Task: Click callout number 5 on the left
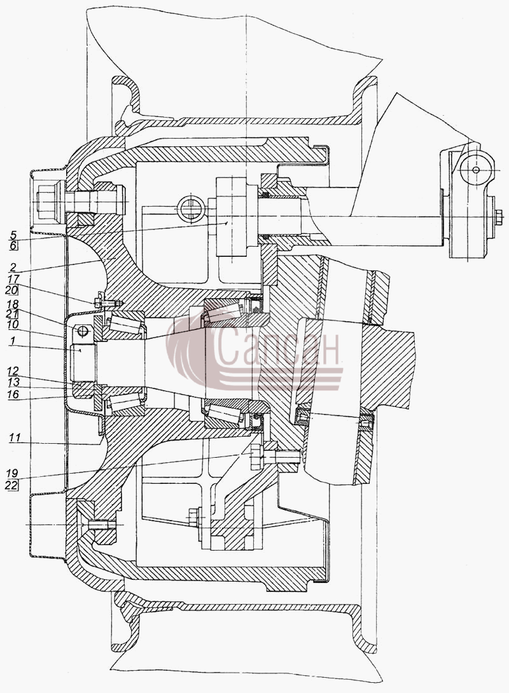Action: [x=13, y=235]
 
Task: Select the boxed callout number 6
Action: [x=13, y=246]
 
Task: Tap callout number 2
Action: [x=13, y=268]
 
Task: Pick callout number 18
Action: [x=13, y=304]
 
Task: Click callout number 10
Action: [x=13, y=325]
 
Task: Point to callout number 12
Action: [x=13, y=371]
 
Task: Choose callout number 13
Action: [x=13, y=382]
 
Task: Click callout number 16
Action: [x=13, y=394]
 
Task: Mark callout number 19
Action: [x=12, y=474]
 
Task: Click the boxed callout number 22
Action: [x=12, y=485]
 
